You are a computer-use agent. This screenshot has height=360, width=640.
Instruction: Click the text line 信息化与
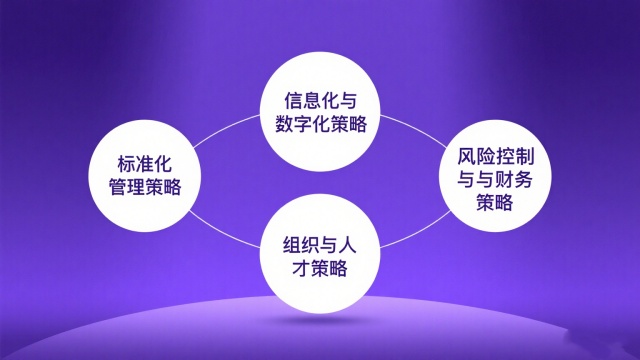click(x=320, y=101)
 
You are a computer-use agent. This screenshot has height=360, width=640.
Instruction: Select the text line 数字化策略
click(x=320, y=125)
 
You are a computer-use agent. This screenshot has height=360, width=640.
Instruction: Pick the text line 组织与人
click(x=320, y=242)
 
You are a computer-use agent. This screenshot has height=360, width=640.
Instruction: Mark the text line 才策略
click(x=320, y=267)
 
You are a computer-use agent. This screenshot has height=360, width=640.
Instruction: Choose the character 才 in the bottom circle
click(x=296, y=267)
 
